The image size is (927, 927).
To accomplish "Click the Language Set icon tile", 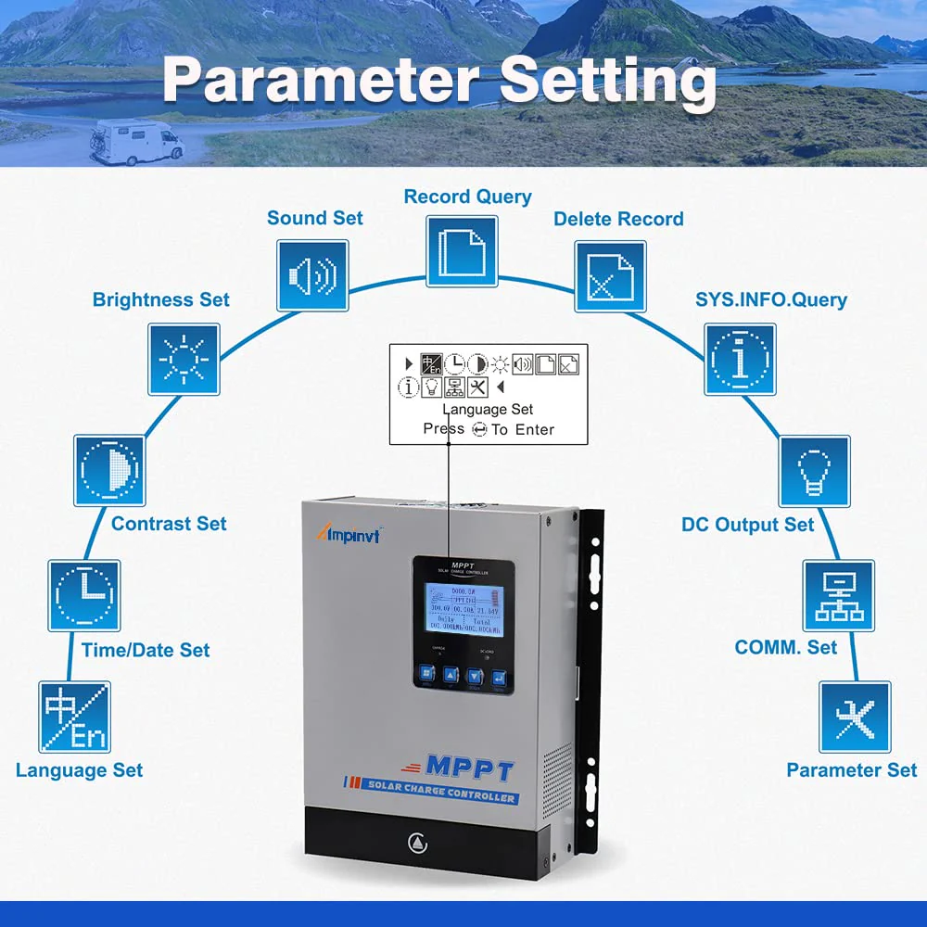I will pyautogui.click(x=74, y=717).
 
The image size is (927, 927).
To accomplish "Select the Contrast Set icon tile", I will pyautogui.click(x=109, y=471).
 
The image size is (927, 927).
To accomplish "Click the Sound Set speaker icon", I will pyautogui.click(x=312, y=275).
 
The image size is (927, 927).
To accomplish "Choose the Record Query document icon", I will pyautogui.click(x=462, y=250).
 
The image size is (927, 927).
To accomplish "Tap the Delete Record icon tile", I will pyautogui.click(x=610, y=276).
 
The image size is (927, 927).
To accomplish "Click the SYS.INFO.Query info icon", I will pyautogui.click(x=740, y=359).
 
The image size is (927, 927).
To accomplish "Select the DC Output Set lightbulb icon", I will pyautogui.click(x=814, y=471).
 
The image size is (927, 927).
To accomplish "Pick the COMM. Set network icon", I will pyautogui.click(x=838, y=595).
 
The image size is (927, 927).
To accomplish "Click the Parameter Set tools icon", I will pyautogui.click(x=854, y=717).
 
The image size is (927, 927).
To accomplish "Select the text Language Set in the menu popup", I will pyautogui.click(x=488, y=409).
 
